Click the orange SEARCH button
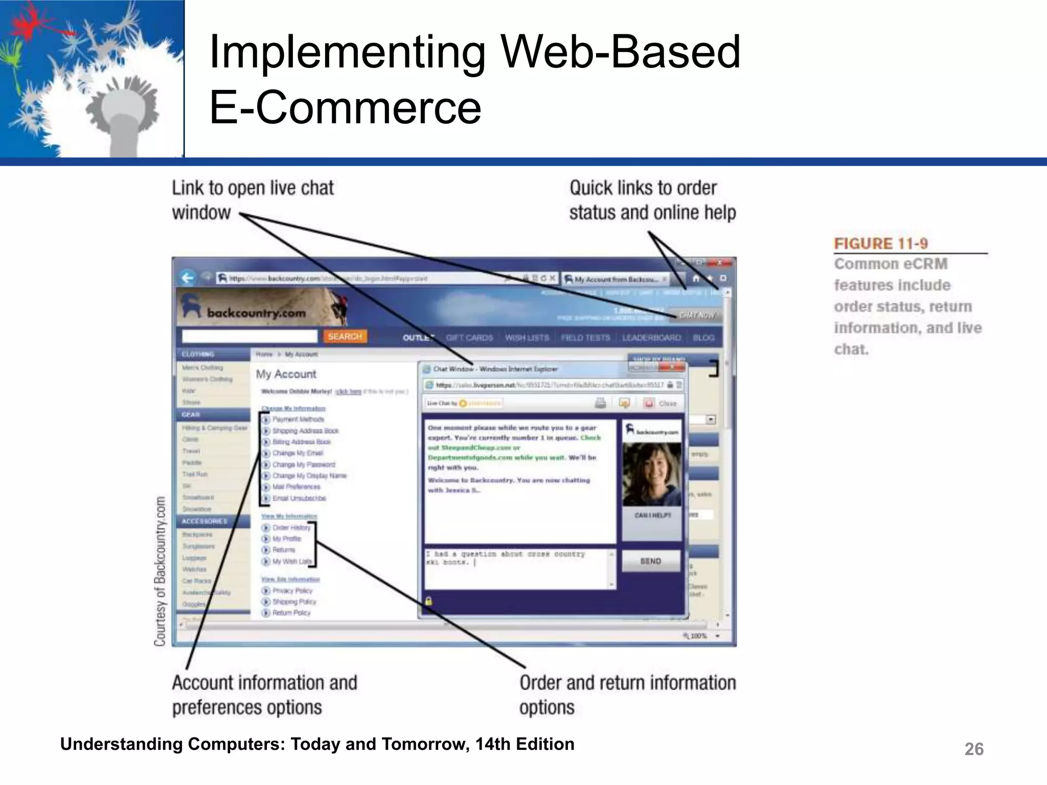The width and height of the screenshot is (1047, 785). coord(345,336)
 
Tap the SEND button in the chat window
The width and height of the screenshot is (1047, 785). coord(650,561)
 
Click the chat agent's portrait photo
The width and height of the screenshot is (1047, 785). coord(652,474)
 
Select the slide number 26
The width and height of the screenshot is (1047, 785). coord(973,749)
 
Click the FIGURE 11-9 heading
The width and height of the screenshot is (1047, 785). coord(880,244)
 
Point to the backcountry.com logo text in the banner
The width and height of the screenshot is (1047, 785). coord(256,312)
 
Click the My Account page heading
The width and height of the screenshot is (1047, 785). coord(286,374)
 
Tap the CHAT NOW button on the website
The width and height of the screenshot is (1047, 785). coord(696,315)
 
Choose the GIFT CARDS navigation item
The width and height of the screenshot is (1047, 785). coord(469,338)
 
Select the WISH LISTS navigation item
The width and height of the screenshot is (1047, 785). coord(527,338)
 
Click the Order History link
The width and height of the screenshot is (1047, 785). coord(291,527)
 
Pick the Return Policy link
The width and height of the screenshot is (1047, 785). coord(291,613)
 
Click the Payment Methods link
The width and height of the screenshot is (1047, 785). coord(298,420)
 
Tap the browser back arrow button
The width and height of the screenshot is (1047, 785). coord(188,278)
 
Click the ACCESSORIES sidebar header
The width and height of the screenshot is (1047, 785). coord(204,521)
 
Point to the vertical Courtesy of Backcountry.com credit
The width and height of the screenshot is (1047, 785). coord(160,571)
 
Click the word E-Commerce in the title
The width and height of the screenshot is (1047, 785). coord(345,107)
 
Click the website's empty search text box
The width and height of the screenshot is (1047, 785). coord(249,336)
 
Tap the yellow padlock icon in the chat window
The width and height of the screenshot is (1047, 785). coord(428,601)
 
